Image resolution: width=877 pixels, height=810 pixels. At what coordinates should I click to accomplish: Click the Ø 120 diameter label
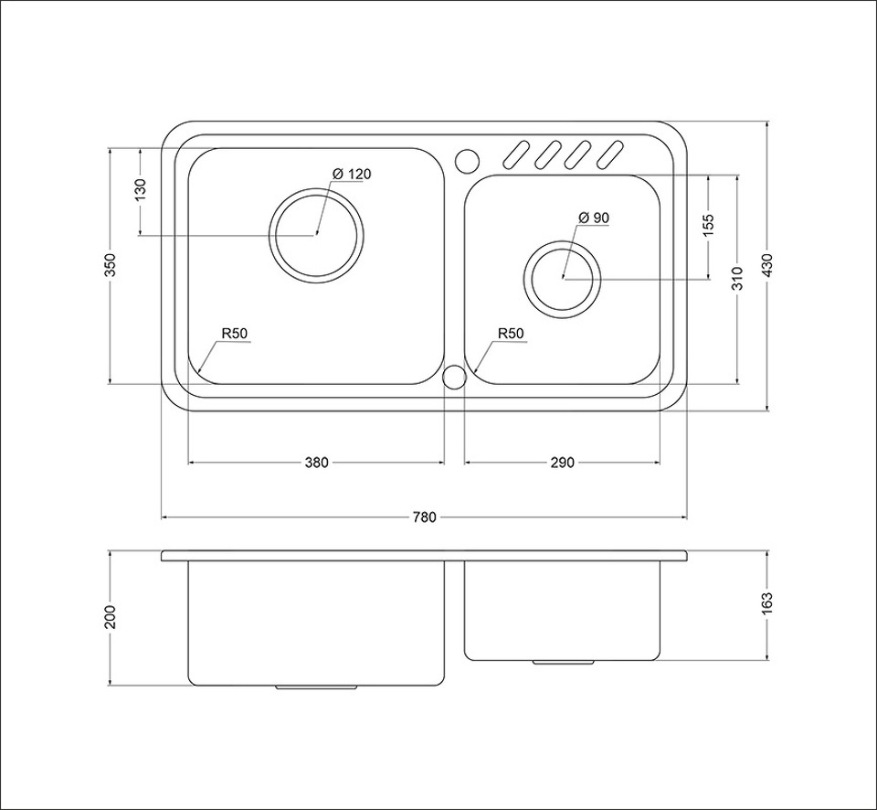click(x=351, y=174)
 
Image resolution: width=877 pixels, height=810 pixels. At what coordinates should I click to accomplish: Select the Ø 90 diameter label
click(x=594, y=218)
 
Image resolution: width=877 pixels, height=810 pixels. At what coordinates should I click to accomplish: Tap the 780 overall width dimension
click(x=424, y=517)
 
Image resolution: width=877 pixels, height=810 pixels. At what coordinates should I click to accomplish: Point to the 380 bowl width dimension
click(x=317, y=463)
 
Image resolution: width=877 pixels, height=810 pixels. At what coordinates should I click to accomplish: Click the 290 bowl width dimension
click(x=563, y=463)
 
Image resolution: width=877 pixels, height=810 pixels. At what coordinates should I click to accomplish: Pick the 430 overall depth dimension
click(x=766, y=265)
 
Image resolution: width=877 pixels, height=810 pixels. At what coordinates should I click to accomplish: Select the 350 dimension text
click(x=111, y=265)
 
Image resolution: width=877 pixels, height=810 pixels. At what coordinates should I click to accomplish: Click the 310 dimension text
click(x=738, y=278)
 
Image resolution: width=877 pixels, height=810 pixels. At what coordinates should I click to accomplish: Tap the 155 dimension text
click(x=709, y=226)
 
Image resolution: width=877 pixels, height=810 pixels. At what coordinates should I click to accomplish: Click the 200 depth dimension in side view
click(x=111, y=617)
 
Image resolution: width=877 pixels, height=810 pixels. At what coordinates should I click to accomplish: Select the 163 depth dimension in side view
click(x=766, y=604)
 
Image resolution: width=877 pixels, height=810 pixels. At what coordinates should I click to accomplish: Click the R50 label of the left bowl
click(x=235, y=335)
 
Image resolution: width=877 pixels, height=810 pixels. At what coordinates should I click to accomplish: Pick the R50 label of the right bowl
click(x=511, y=335)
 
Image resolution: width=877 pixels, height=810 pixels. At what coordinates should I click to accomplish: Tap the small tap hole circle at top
click(x=467, y=161)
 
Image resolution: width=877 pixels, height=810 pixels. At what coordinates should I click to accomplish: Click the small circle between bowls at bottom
click(x=454, y=377)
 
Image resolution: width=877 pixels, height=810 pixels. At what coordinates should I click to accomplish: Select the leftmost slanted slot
click(x=517, y=155)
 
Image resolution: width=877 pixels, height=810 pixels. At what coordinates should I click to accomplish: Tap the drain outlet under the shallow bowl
click(x=563, y=662)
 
